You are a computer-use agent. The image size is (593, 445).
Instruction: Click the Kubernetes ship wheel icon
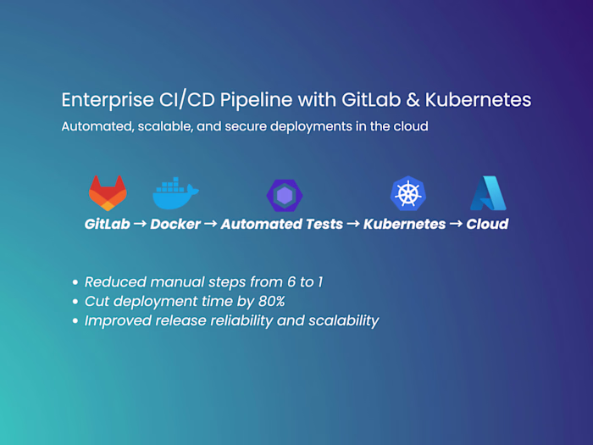[407, 193]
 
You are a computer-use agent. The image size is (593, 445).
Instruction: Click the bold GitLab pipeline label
[107, 225]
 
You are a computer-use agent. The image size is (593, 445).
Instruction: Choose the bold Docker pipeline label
[175, 225]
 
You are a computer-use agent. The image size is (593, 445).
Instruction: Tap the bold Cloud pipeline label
[487, 225]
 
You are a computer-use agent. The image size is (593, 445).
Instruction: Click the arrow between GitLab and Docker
[140, 225]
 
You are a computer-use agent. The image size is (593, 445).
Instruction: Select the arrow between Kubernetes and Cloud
[456, 225]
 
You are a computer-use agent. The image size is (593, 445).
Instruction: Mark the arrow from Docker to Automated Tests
[211, 225]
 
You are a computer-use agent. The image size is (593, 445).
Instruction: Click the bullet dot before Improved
[76, 321]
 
